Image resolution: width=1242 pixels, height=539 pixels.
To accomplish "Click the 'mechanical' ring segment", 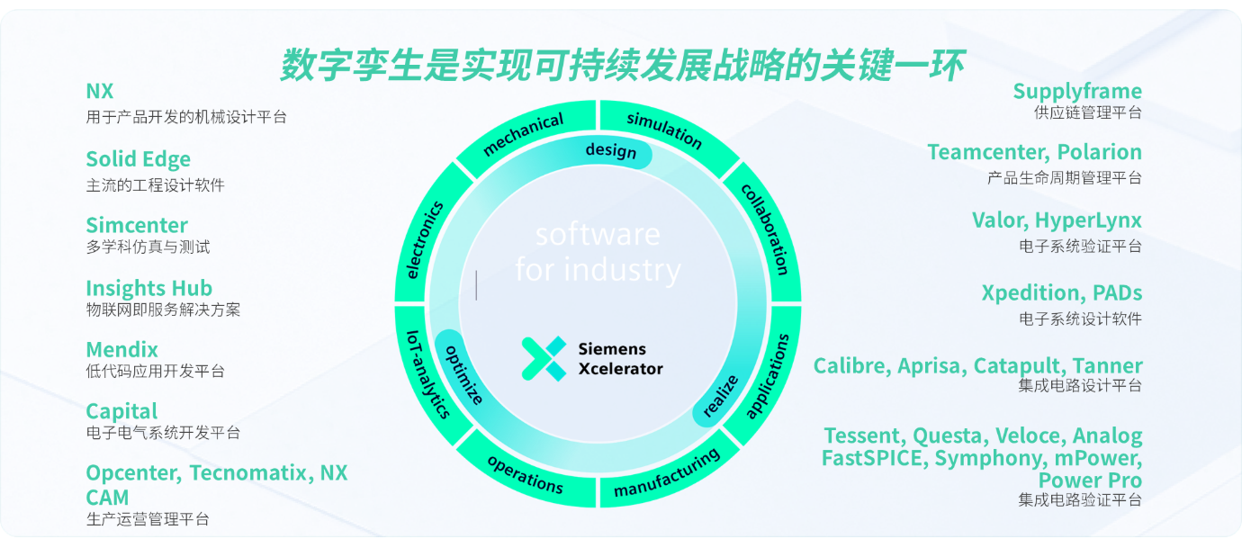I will [523, 134].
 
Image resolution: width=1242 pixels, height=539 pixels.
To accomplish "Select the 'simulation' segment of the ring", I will [664, 130].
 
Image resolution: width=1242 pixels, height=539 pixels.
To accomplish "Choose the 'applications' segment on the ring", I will [768, 376].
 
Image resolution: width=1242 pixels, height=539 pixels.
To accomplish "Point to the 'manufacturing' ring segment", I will [667, 473].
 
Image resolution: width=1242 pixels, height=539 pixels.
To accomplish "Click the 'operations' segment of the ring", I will [526, 473].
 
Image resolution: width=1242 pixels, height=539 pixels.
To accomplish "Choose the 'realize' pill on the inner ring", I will [720, 395].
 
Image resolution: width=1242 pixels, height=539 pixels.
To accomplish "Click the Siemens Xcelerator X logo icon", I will [544, 358].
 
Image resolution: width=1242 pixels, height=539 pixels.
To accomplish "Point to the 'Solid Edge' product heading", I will [138, 159].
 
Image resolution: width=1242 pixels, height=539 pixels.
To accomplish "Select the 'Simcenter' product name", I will [137, 225].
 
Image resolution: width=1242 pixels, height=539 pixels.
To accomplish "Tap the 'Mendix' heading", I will [121, 349].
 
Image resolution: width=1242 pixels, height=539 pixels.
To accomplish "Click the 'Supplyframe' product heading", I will [1076, 91].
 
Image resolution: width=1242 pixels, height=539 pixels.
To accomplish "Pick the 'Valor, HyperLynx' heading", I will [1056, 220].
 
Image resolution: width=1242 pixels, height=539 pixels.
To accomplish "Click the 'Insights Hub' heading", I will [148, 288].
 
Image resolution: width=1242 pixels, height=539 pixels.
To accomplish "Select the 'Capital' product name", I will [121, 411].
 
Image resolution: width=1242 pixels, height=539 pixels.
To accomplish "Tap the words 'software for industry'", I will [598, 252].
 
